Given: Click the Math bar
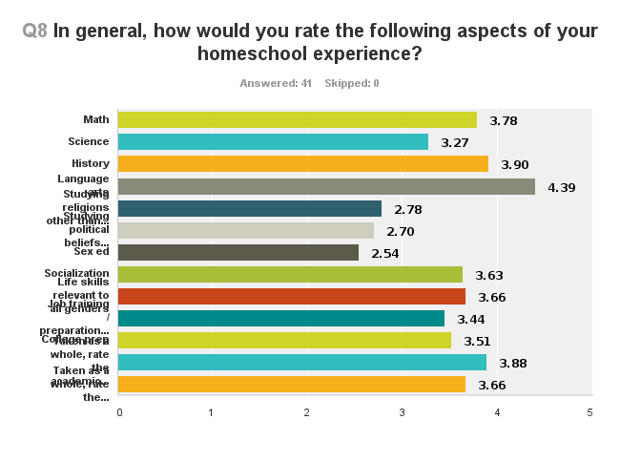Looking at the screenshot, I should (297, 119).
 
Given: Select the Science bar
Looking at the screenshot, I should (273, 141).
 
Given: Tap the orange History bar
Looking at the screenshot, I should (302, 164).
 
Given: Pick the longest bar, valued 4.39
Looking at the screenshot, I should (326, 186).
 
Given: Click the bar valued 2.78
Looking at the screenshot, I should (250, 208).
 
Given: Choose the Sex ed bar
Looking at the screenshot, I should (238, 252).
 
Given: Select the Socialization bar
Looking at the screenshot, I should (290, 275).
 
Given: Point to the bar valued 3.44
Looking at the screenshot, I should (281, 319).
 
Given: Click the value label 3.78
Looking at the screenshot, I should (503, 121).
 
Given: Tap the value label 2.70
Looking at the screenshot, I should (400, 231).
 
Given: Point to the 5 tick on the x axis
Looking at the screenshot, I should (590, 412).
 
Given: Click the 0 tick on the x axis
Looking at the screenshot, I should (119, 412).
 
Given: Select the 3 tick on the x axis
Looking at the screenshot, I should (402, 412).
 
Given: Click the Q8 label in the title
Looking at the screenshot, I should (35, 31).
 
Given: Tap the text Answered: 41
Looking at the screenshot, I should (276, 83).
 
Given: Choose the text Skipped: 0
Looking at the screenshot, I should (351, 83).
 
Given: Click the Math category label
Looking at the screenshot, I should (95, 119).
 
